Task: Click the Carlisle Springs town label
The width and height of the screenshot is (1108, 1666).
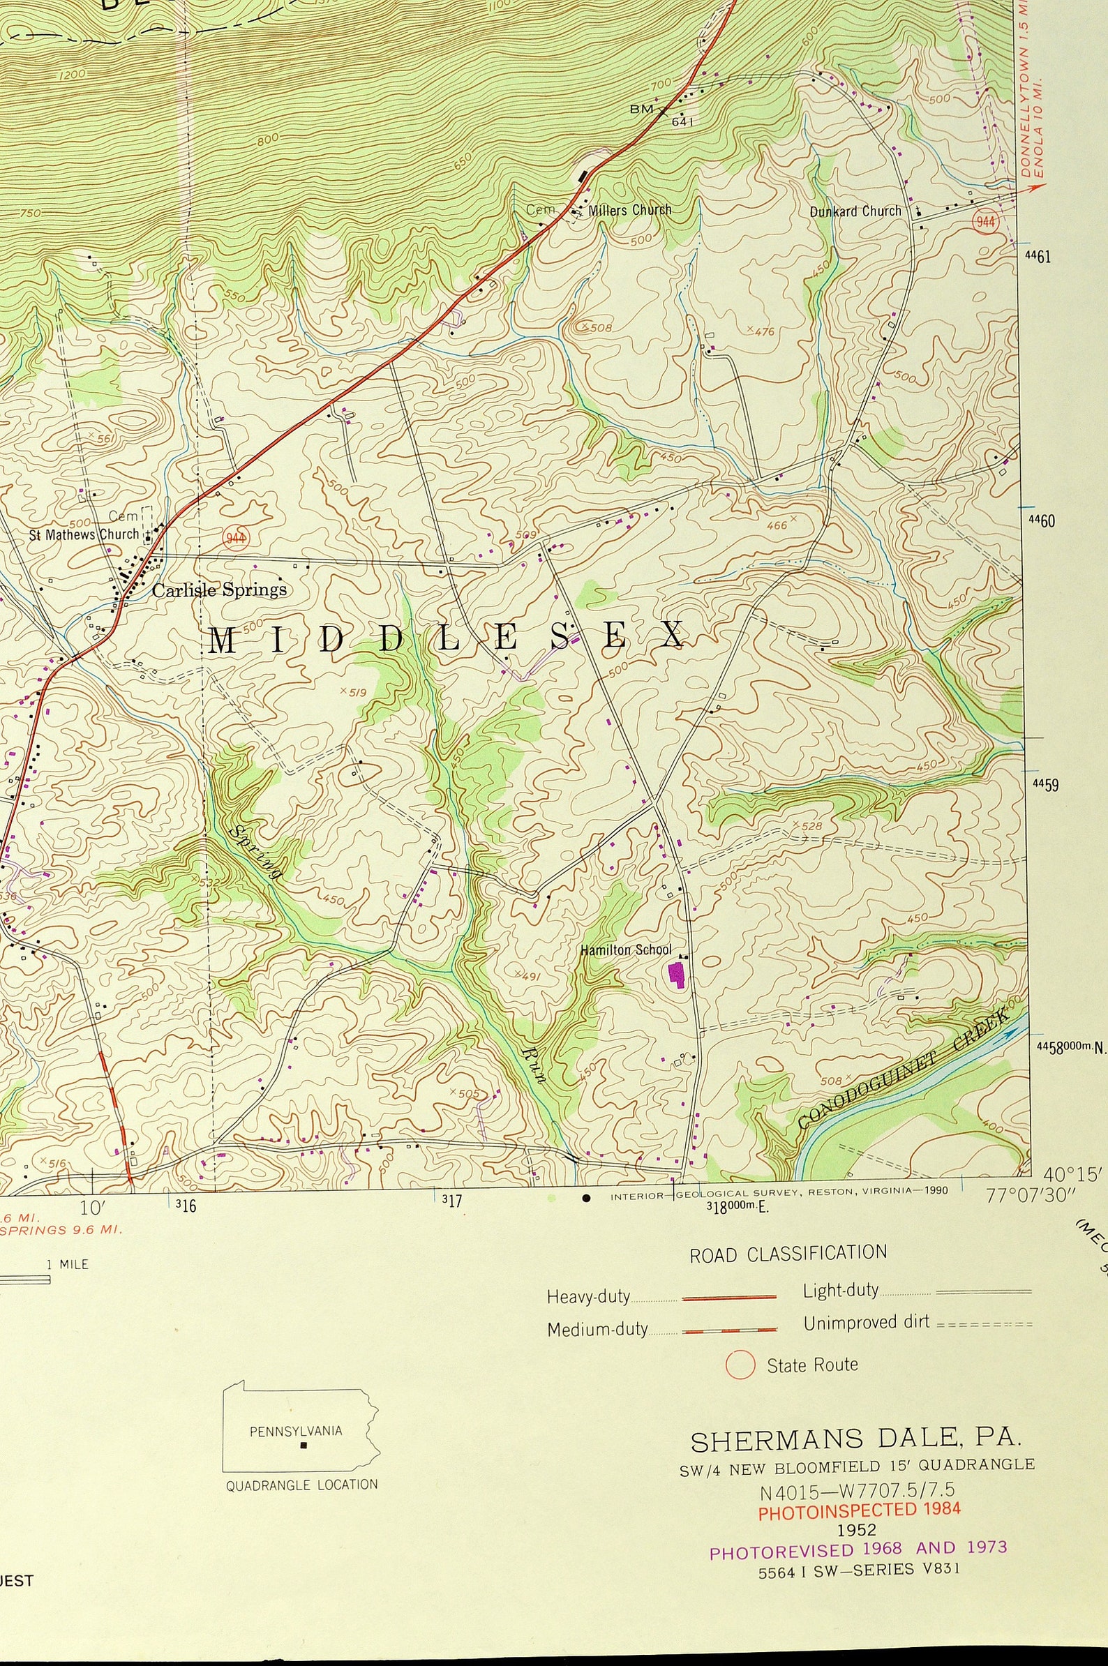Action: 220,590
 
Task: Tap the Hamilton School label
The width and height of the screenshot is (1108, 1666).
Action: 625,950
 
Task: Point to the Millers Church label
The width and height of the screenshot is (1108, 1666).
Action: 629,210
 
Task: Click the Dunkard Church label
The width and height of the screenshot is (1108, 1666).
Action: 855,211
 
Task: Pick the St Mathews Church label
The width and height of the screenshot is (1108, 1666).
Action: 84,534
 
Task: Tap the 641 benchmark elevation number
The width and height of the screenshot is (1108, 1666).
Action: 682,121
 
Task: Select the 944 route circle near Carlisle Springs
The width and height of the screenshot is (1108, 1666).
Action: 236,539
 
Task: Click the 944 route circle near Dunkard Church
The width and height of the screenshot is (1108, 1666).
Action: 985,222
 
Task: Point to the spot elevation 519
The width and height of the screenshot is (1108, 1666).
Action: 357,692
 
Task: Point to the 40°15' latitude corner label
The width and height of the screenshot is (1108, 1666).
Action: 1072,1174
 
